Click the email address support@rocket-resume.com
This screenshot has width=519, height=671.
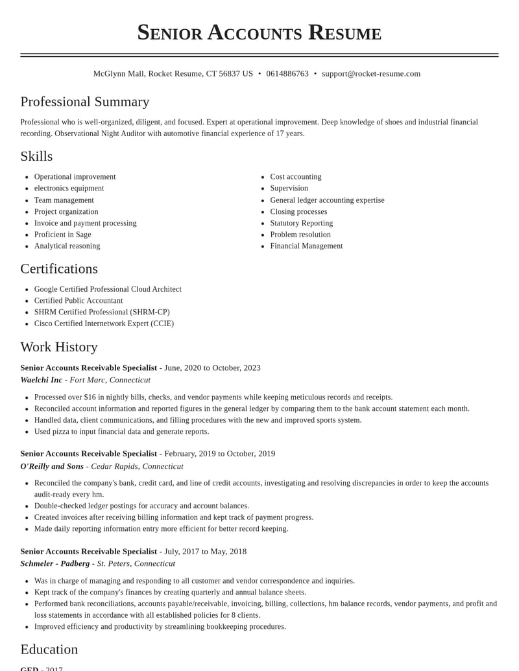click(371, 74)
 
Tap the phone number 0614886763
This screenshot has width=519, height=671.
click(287, 74)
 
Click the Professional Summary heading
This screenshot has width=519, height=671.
click(85, 102)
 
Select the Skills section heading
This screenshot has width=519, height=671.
click(36, 156)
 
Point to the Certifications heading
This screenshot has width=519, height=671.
click(59, 268)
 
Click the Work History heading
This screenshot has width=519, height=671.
click(59, 347)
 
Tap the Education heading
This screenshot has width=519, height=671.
click(49, 649)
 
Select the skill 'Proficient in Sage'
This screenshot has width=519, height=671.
click(63, 235)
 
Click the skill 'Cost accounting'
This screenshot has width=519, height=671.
click(296, 177)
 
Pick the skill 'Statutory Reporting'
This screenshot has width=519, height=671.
click(302, 223)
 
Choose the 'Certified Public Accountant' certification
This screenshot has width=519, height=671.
click(78, 301)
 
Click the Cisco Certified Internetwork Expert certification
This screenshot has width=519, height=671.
click(104, 324)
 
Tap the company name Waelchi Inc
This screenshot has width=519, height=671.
click(42, 380)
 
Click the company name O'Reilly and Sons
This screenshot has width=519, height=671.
click(52, 466)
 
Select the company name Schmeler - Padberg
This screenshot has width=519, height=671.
click(55, 563)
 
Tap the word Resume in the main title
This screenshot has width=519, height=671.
click(344, 32)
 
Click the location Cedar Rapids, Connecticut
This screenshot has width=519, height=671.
click(137, 466)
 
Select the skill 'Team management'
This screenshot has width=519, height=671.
click(64, 200)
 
